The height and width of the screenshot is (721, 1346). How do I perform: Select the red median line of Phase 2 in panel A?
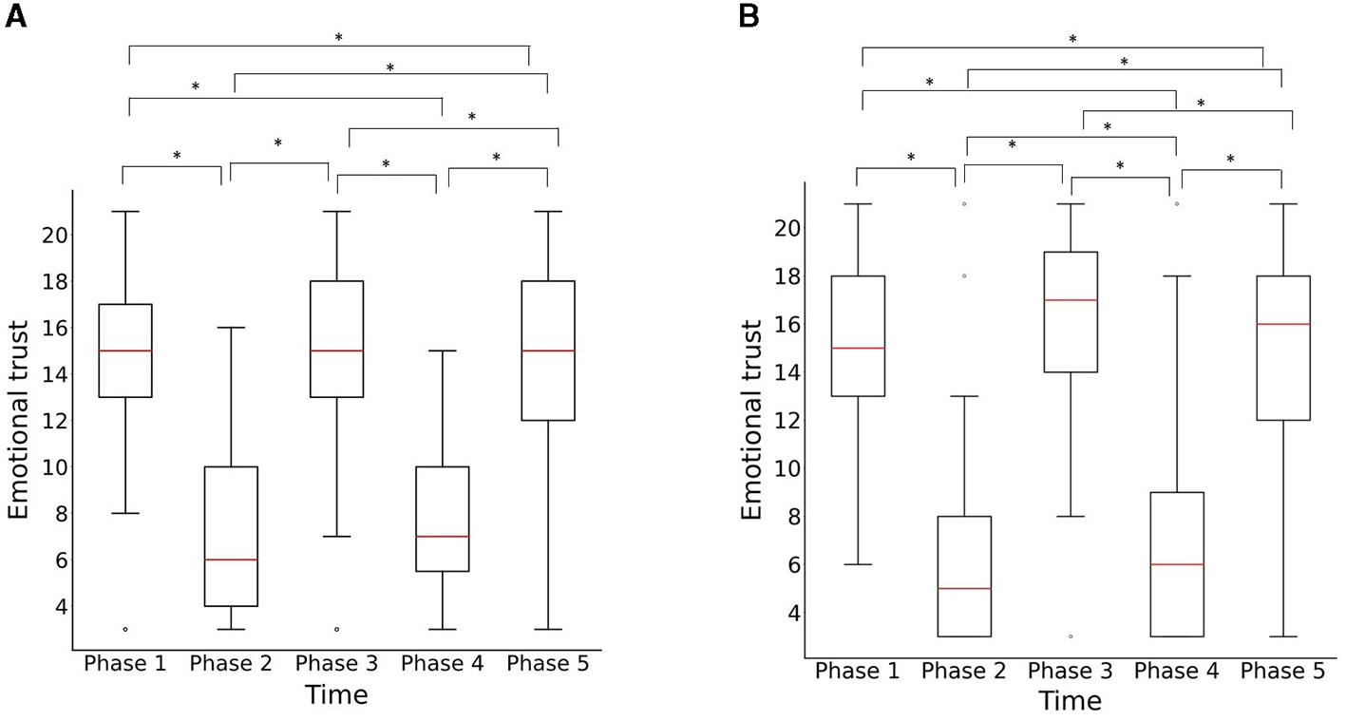coord(231,560)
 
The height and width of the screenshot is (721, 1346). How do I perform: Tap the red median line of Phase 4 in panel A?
coord(443,537)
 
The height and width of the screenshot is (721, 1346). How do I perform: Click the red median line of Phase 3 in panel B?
coord(1071,300)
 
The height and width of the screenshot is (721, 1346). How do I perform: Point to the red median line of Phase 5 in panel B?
coord(1283,324)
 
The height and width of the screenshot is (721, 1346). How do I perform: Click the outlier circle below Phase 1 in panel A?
coord(125,629)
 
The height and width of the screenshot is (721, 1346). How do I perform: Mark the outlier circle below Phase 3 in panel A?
coord(337,629)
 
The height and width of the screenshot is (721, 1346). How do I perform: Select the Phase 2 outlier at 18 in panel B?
coord(964,276)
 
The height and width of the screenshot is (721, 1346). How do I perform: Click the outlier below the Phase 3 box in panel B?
coord(1071,636)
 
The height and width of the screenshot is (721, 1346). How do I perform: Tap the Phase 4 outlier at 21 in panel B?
coord(1177,203)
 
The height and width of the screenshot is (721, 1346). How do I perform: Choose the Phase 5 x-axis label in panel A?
coord(548,664)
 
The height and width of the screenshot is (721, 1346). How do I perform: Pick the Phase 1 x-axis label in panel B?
coord(857,672)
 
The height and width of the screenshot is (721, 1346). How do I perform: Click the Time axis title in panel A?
coord(336,695)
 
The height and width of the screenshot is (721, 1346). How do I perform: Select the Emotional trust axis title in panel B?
coord(751,420)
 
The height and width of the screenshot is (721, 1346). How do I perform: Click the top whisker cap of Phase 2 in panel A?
coord(231,328)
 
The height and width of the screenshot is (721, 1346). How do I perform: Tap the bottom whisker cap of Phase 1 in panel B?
coord(858,564)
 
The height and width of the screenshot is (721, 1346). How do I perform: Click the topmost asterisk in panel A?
coord(338,38)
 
